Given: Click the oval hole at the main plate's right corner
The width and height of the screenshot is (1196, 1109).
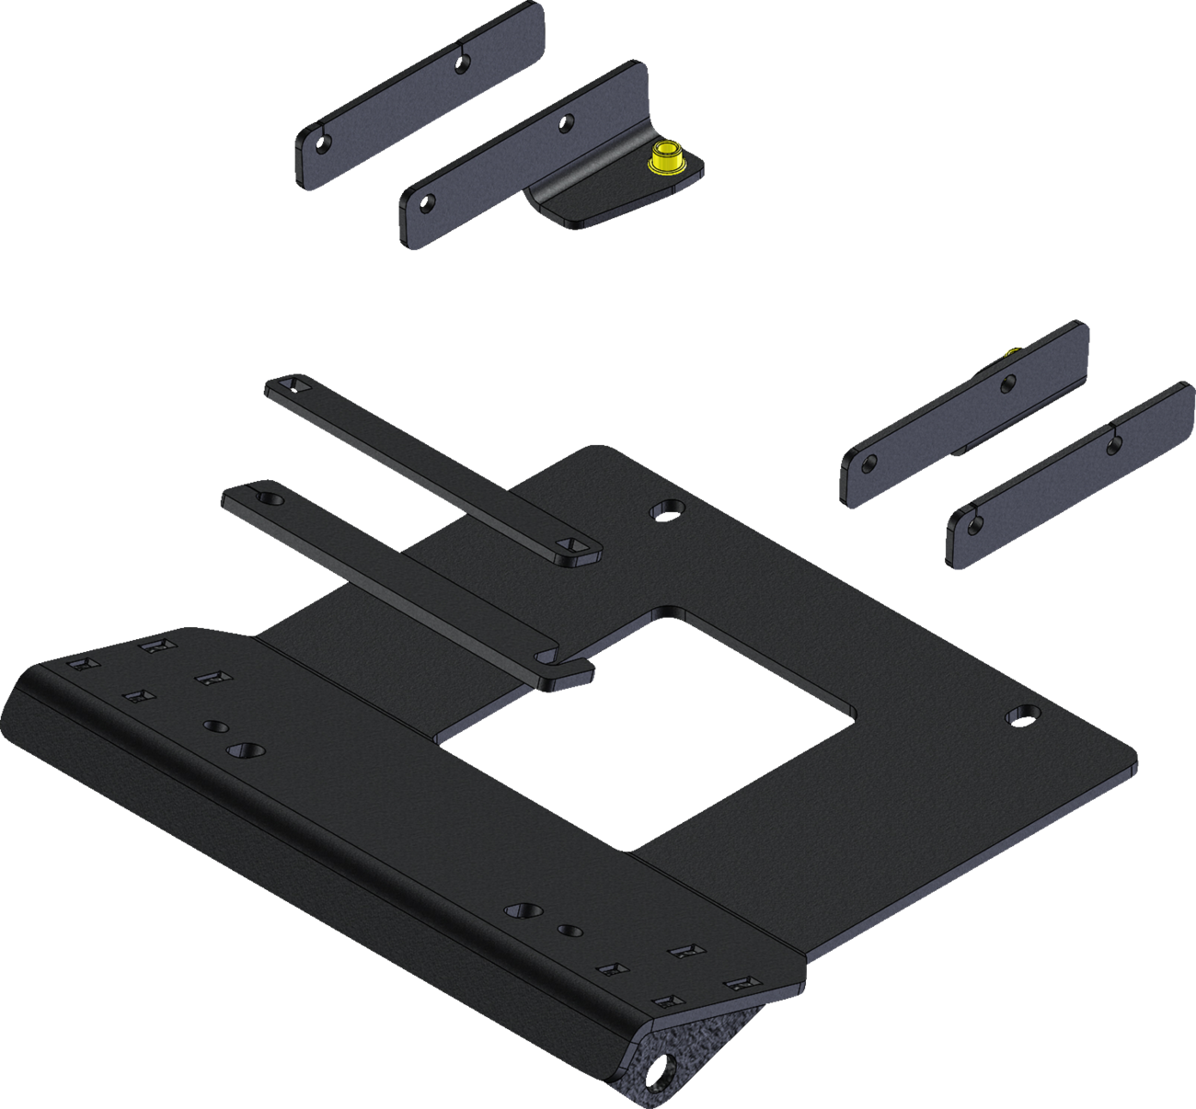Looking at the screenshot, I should click(x=1020, y=714).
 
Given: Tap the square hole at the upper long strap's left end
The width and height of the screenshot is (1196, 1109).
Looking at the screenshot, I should click(x=293, y=383).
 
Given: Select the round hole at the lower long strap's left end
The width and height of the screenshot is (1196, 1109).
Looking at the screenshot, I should click(x=269, y=498).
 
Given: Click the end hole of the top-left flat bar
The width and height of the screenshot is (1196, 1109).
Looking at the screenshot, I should click(x=322, y=143).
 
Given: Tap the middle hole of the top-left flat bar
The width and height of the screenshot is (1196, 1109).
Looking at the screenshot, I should click(x=463, y=63).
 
